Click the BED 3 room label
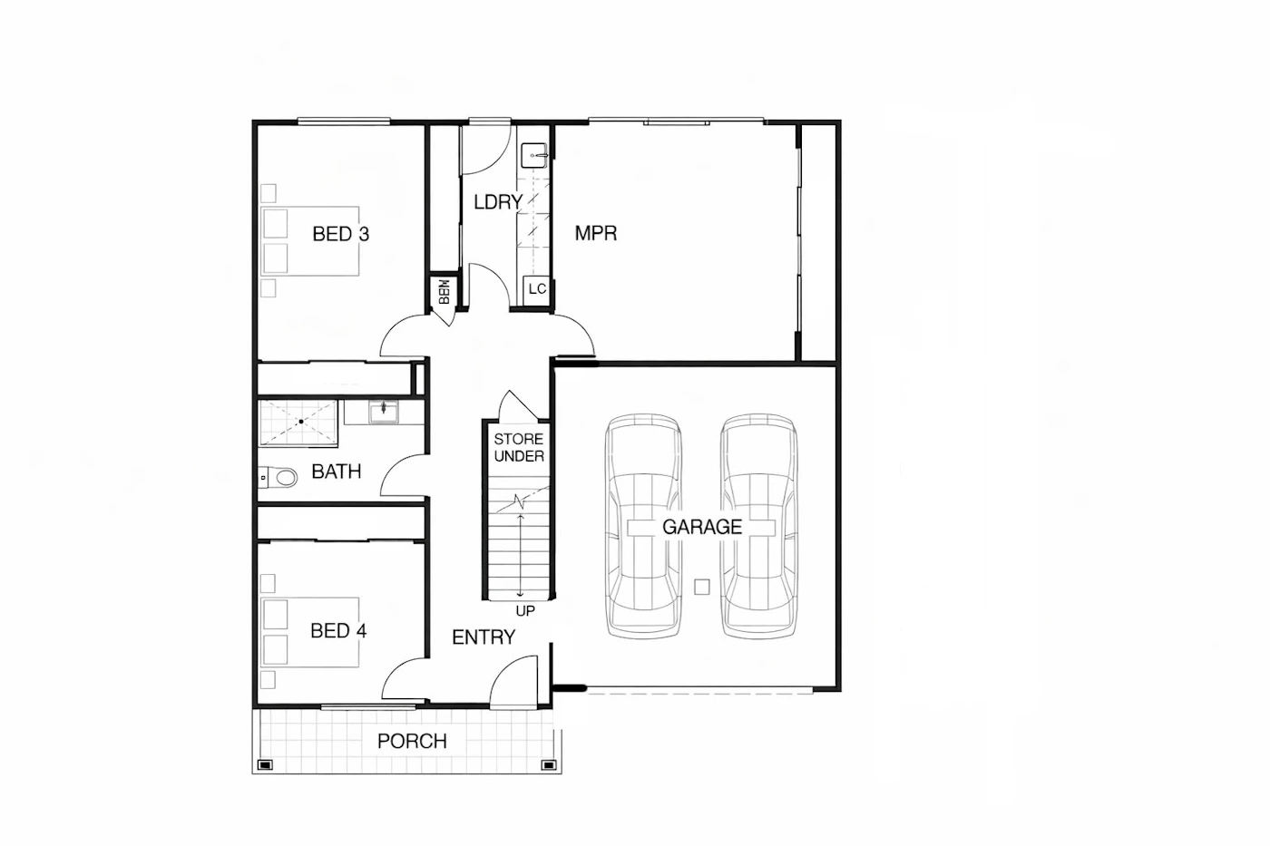click(341, 234)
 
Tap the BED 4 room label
click(338, 631)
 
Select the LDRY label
click(498, 202)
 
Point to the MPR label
click(596, 233)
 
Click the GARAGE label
click(702, 527)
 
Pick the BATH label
click(337, 472)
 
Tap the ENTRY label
click(484, 637)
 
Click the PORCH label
click(412, 741)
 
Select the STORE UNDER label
click(519, 448)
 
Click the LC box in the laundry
click(536, 289)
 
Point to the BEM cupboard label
click(444, 291)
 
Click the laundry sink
click(534, 156)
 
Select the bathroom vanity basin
click(384, 412)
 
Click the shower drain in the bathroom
click(301, 423)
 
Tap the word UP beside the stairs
click(525, 611)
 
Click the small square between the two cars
click(702, 587)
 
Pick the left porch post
click(265, 765)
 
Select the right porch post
click(549, 765)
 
